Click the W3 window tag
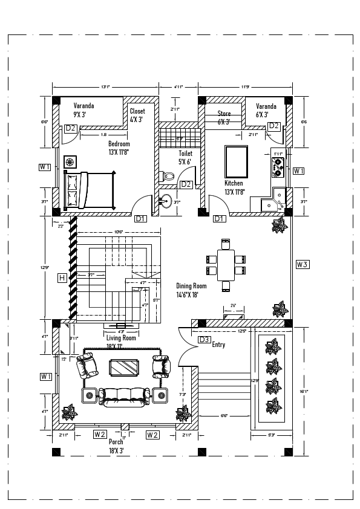point(303,264)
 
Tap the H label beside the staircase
point(62,277)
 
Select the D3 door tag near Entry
point(205,340)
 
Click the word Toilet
point(185,154)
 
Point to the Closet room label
point(137,111)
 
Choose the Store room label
point(224,114)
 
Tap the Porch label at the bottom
point(116,442)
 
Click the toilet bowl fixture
point(168,177)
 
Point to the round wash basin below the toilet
point(165,201)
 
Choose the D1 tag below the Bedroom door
point(140,218)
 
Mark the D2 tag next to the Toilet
point(186,184)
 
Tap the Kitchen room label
point(234,183)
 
